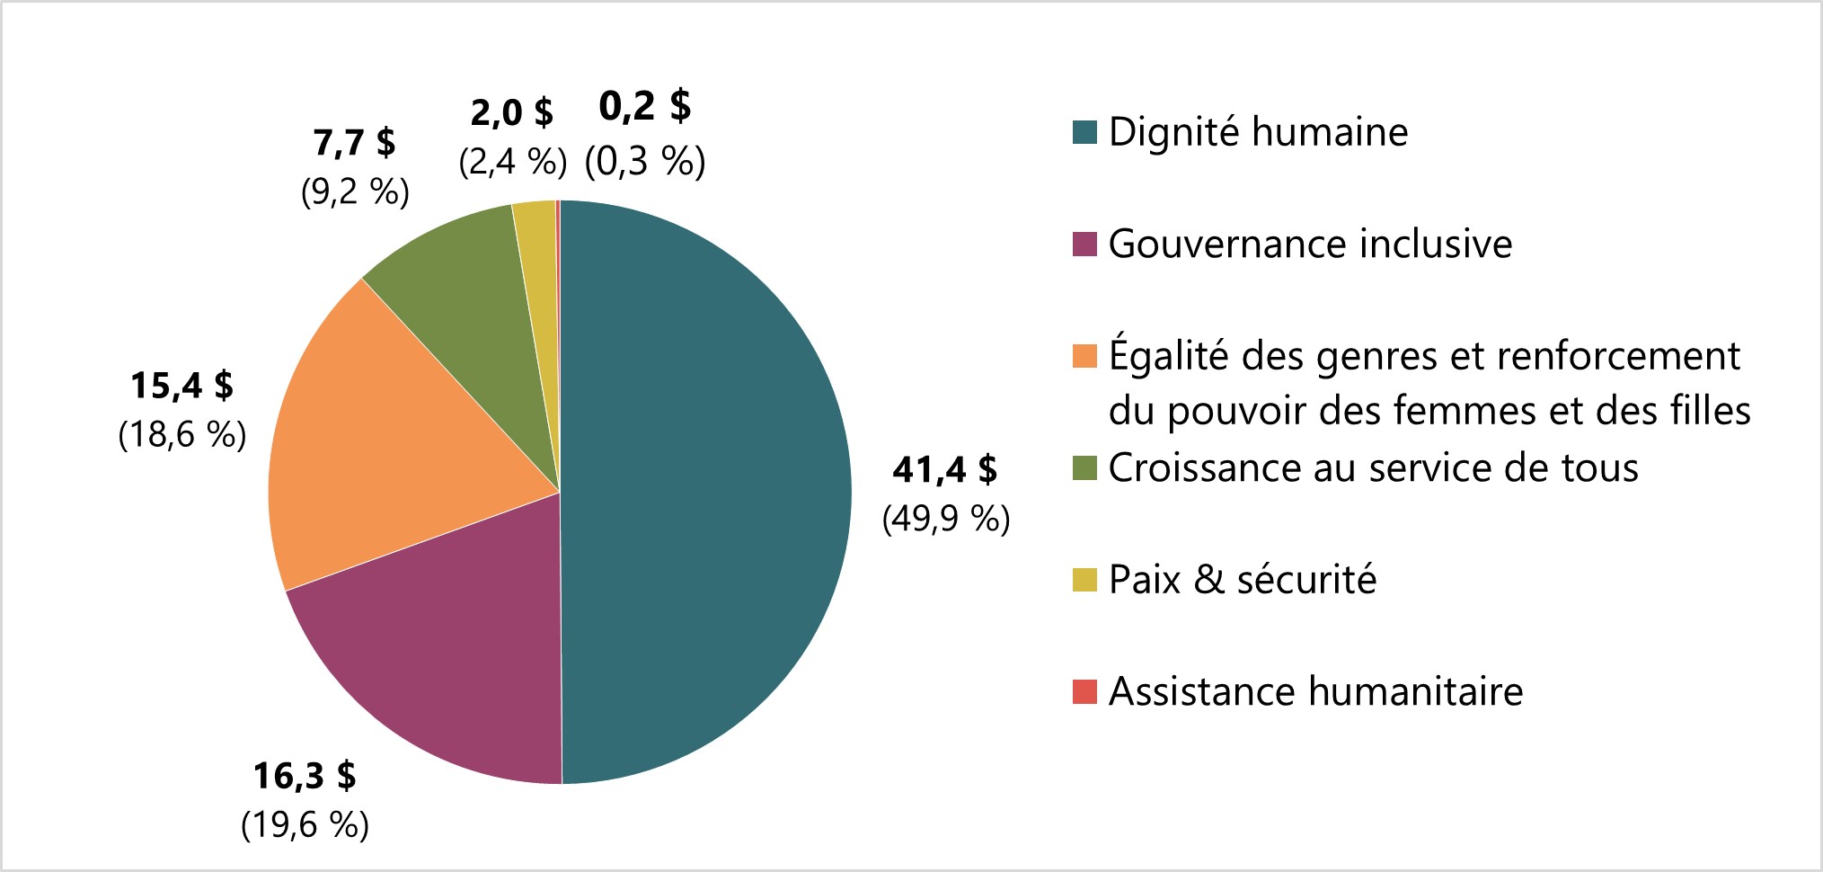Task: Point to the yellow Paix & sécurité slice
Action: (537, 261)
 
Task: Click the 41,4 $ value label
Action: (944, 469)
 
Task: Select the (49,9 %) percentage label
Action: (946, 519)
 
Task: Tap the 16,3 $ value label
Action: (305, 775)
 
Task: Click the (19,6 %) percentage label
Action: (305, 824)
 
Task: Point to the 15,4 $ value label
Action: (181, 385)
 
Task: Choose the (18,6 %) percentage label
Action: (181, 435)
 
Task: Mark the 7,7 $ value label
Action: (354, 142)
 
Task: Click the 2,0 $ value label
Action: (512, 112)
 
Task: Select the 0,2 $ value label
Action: (645, 106)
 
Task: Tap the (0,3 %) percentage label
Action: (645, 162)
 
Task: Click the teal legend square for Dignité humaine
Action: (1084, 132)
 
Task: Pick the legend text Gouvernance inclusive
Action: (1310, 244)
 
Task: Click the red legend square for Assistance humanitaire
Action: (1084, 692)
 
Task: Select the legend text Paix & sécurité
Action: (1242, 580)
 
